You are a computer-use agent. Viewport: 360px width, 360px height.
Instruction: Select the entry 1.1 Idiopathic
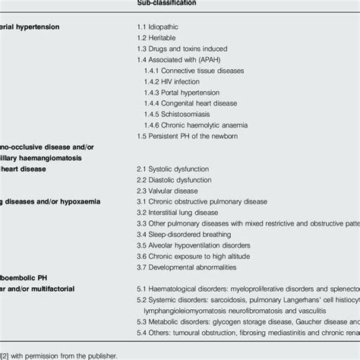coord(156,26)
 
